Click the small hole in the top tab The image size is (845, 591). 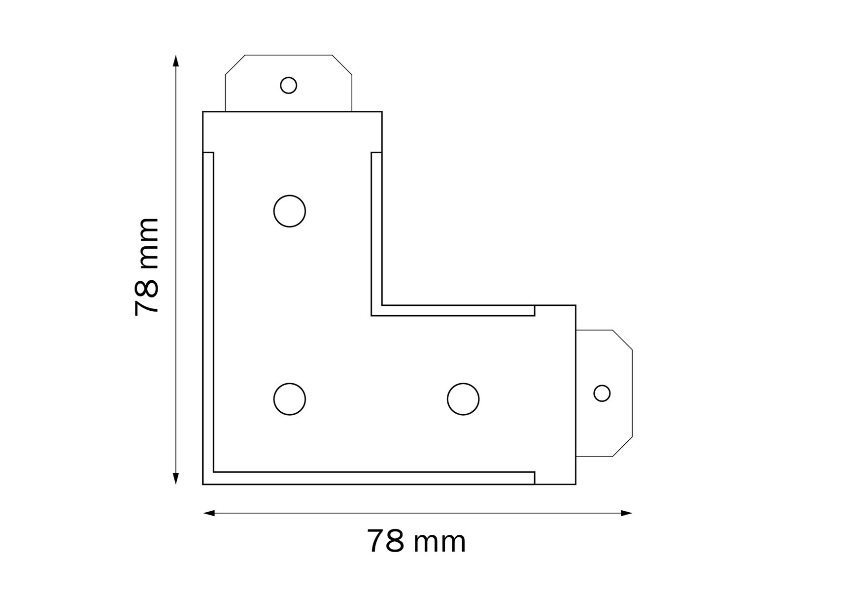coord(288,85)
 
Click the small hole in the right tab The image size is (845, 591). coord(602,394)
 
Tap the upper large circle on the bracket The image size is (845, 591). coord(290,211)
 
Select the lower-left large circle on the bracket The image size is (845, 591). coord(290,399)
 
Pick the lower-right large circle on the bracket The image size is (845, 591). coord(463,399)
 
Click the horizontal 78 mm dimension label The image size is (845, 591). coord(416,541)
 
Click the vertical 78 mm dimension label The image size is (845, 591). coord(147,266)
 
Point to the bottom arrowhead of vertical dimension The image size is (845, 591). coord(176,478)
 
